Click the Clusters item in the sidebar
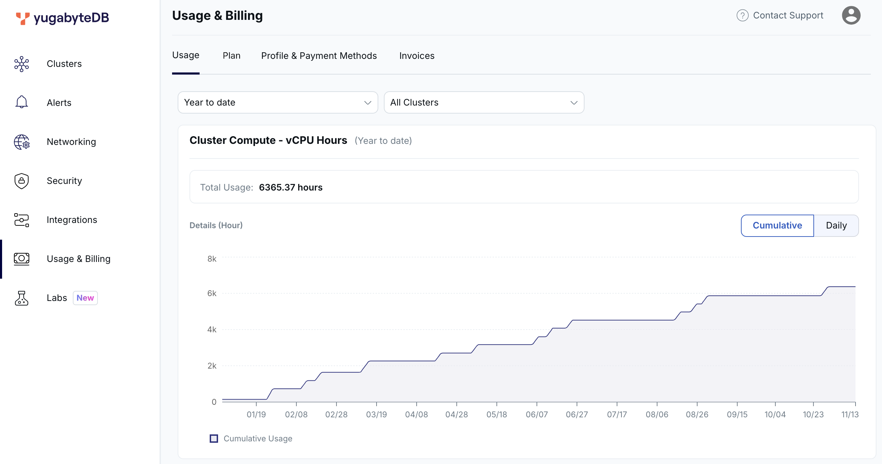tap(64, 64)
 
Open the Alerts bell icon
tap(22, 102)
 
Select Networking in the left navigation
tap(71, 142)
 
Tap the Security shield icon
tap(22, 181)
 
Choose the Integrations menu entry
tap(72, 220)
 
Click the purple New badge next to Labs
tap(85, 298)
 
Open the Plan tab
tap(231, 56)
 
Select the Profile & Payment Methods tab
tap(319, 56)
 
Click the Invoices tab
tap(417, 56)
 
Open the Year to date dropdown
tap(277, 102)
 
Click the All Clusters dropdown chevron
tap(574, 102)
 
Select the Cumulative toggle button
tap(777, 225)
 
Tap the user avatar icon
tap(851, 15)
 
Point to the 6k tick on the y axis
tap(212, 293)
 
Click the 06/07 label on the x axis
tap(536, 415)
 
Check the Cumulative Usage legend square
tap(214, 439)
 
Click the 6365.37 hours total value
tap(291, 187)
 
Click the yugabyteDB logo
tap(63, 18)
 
